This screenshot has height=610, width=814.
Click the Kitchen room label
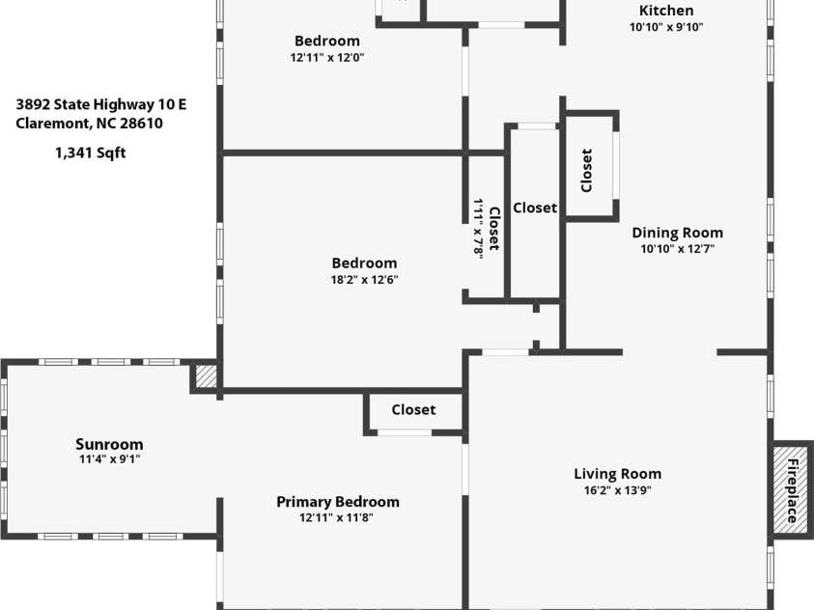tap(666, 11)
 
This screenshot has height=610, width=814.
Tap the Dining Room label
tap(678, 233)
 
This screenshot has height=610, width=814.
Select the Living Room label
tap(618, 474)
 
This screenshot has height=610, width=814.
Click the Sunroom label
tap(109, 445)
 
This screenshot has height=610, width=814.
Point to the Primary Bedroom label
tap(338, 502)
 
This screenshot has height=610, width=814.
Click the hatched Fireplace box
tap(791, 489)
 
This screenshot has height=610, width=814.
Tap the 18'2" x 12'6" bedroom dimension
tap(364, 280)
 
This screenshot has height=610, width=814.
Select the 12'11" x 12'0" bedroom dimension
tap(327, 58)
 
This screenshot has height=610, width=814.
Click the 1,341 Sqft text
tap(91, 153)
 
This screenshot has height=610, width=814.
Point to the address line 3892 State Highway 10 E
tap(100, 105)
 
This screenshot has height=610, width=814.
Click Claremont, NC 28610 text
tap(89, 124)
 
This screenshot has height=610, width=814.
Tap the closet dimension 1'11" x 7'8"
tap(478, 228)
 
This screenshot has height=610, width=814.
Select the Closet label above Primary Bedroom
tap(413, 410)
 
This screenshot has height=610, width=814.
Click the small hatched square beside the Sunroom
tap(207, 375)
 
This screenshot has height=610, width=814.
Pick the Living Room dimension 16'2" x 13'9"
tap(618, 490)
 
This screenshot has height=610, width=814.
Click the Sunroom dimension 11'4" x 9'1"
tap(110, 459)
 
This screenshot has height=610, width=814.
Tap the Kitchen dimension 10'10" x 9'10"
tap(666, 27)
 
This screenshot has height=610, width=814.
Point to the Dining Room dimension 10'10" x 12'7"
tap(678, 249)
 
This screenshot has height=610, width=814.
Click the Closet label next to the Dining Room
tap(586, 171)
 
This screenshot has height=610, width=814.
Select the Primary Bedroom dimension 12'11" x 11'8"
tap(336, 517)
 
